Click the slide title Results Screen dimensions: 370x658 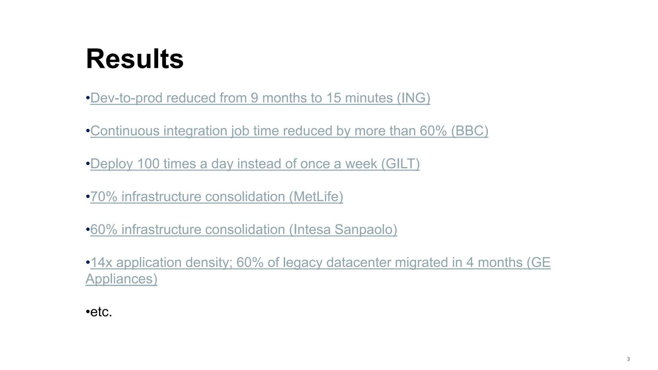(x=135, y=59)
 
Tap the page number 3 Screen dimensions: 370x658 (x=628, y=359)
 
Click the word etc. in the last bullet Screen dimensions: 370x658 (x=101, y=312)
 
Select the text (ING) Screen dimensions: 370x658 (x=413, y=98)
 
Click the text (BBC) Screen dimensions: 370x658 (x=469, y=131)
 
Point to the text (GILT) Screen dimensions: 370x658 (x=400, y=164)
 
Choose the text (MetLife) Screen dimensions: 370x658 (x=316, y=197)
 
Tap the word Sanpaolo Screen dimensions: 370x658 (x=366, y=230)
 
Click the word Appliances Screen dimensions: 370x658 (x=121, y=279)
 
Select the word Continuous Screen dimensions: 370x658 (x=125, y=131)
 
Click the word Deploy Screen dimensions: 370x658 (x=111, y=164)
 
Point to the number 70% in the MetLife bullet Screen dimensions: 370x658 (x=104, y=197)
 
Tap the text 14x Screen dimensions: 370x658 (x=102, y=262)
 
